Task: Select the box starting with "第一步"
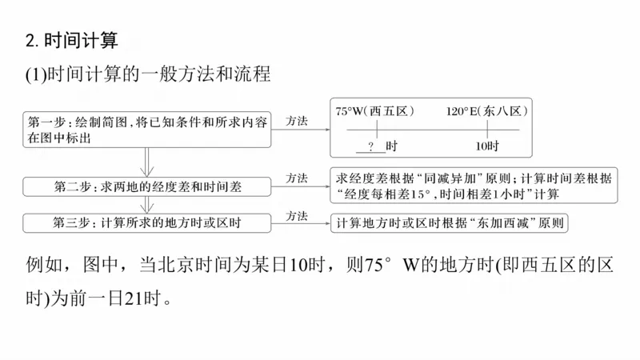pos(148,129)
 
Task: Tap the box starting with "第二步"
pos(148,186)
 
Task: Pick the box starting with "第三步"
pos(148,222)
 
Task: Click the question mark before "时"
pos(371,146)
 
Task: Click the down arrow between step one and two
pos(146,161)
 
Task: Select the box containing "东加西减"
pos(448,223)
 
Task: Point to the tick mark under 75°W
pos(376,130)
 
